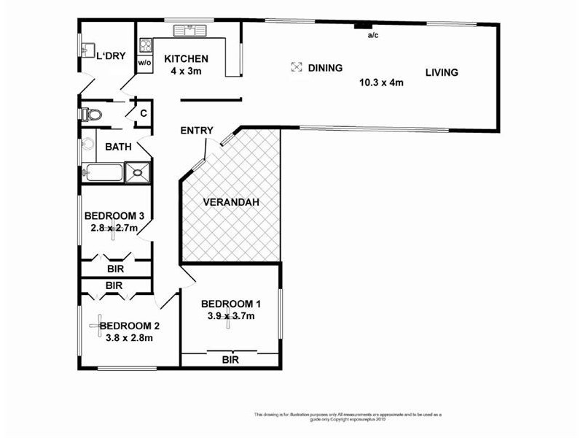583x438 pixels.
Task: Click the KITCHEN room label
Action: pos(186,59)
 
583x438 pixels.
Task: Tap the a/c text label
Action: pos(372,35)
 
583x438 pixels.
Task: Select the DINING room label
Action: pos(325,68)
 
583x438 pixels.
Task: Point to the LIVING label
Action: pos(442,72)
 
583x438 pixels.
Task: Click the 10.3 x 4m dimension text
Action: pos(381,82)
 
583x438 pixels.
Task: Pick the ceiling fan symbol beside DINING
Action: pos(296,67)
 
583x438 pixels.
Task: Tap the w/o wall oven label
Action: pos(144,64)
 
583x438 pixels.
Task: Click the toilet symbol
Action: pos(90,115)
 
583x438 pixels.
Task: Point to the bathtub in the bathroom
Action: pos(103,173)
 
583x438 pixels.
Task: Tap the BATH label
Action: pos(118,147)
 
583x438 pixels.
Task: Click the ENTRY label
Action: pos(197,131)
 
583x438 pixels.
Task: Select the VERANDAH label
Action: pos(230,202)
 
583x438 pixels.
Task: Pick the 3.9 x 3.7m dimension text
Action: pos(228,316)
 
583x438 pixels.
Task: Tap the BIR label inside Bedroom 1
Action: pos(230,360)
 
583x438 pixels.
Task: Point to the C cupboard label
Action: pos(144,113)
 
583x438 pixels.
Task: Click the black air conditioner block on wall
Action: pos(359,26)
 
